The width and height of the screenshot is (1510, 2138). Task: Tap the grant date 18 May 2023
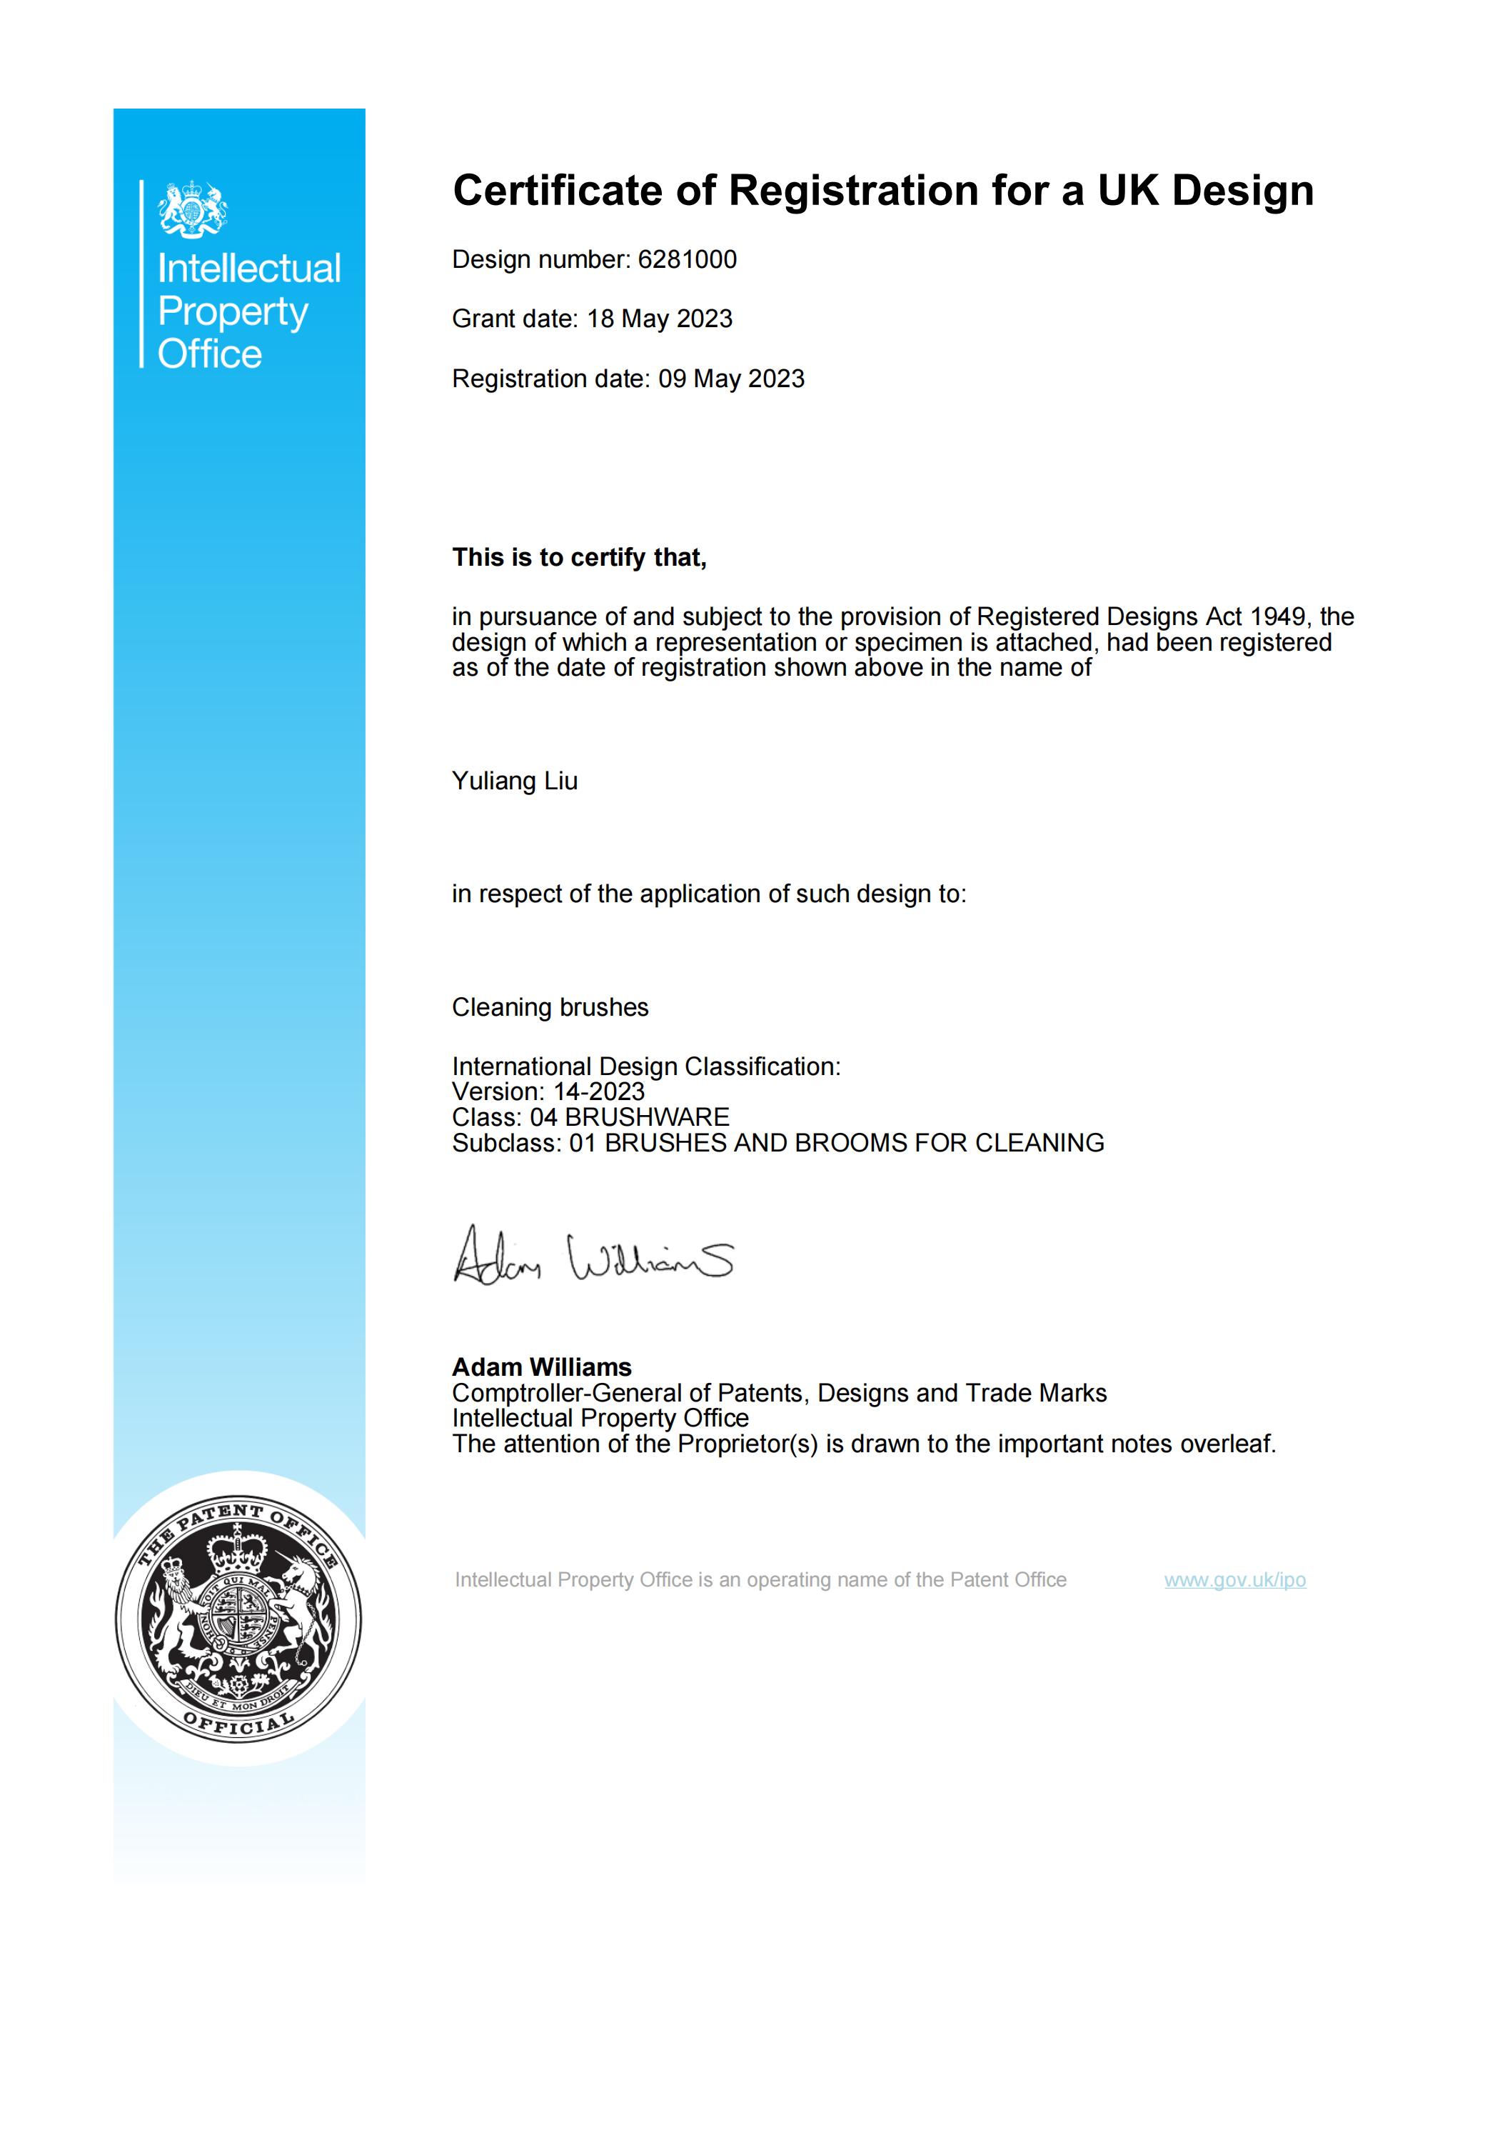pos(659,319)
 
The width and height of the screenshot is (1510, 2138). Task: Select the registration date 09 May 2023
pos(731,379)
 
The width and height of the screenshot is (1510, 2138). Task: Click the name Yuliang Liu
pos(515,781)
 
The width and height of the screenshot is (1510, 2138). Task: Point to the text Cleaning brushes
pos(550,1007)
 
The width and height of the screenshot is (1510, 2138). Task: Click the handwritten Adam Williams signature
pos(593,1257)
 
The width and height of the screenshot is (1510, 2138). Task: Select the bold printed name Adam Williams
pos(542,1367)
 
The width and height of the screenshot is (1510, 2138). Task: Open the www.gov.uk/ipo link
pos(1234,1580)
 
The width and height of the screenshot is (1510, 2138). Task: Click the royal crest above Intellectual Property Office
pos(193,209)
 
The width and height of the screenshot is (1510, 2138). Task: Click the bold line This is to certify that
pos(579,558)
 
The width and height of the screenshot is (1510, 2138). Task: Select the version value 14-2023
pos(600,1092)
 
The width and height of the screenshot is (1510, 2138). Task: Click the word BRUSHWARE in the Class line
pos(648,1117)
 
